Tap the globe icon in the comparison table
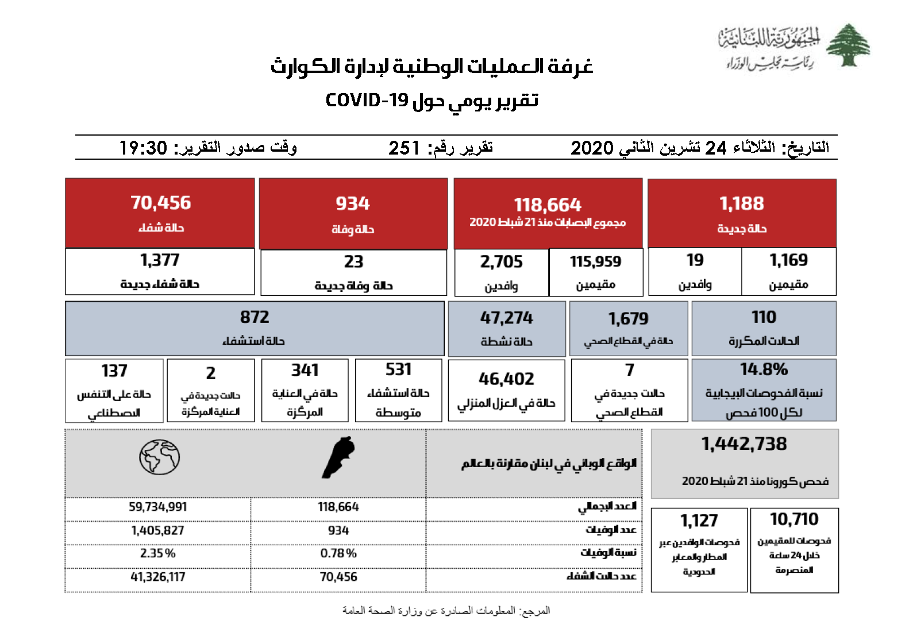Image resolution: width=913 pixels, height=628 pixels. [x=159, y=457]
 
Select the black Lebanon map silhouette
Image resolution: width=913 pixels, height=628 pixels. [x=338, y=457]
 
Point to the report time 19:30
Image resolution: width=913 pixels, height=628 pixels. [x=143, y=148]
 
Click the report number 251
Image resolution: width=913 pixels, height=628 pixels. [x=404, y=148]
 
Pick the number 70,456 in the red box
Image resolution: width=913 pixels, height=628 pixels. [x=160, y=203]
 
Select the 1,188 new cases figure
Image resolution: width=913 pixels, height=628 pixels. [x=742, y=204]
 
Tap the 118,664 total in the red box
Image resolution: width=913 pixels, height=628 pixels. [x=547, y=205]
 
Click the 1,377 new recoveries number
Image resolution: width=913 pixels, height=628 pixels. [x=160, y=260]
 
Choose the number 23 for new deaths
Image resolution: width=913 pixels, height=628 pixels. [x=353, y=262]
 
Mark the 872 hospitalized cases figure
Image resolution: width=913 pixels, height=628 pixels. [x=255, y=317]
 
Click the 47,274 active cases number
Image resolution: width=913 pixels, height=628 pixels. [x=506, y=318]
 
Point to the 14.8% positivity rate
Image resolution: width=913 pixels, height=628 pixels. [x=764, y=369]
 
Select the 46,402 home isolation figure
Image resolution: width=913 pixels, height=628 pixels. [x=506, y=379]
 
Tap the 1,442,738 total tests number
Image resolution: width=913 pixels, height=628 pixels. [x=744, y=444]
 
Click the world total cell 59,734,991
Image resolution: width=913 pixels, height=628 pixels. [x=157, y=507]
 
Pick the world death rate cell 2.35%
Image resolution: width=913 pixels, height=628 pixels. [x=157, y=553]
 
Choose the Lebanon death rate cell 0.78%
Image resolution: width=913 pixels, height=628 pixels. [x=338, y=553]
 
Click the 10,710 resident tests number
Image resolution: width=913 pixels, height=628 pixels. [x=794, y=519]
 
